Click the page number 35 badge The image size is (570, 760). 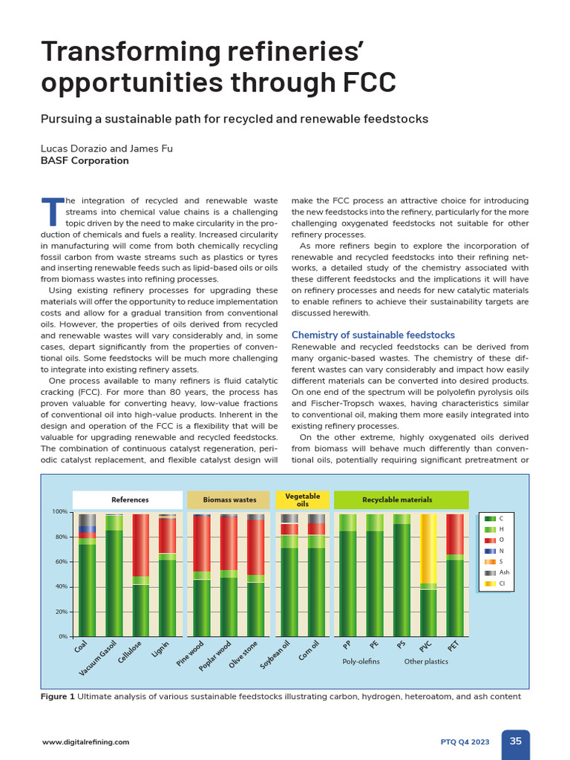pyautogui.click(x=515, y=741)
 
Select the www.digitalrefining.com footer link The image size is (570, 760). pyautogui.click(x=85, y=741)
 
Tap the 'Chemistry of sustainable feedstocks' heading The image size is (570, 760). pyautogui.click(x=373, y=335)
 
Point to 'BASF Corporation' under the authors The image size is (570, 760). pyautogui.click(x=85, y=160)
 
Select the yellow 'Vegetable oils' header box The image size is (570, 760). pyautogui.click(x=302, y=500)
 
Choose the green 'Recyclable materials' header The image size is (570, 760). pyautogui.click(x=401, y=500)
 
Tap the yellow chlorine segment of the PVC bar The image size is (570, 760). pyautogui.click(x=428, y=548)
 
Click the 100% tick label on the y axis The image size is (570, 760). pyautogui.click(x=59, y=512)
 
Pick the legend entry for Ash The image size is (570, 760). pyautogui.click(x=496, y=573)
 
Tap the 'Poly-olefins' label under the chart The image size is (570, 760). pyautogui.click(x=361, y=661)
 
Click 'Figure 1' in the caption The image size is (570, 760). pyautogui.click(x=57, y=697)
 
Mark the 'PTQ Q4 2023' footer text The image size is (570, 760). pyautogui.click(x=465, y=741)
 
